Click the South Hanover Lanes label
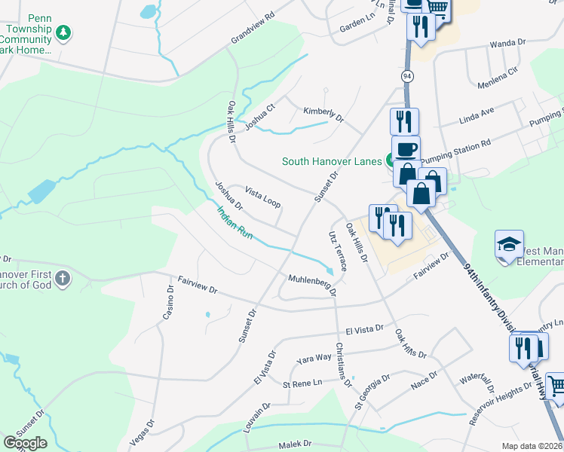(332, 160)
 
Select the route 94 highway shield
(407, 77)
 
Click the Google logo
(24, 443)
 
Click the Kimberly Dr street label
(323, 115)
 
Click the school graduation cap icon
(509, 244)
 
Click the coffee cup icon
(406, 148)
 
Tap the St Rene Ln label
(302, 384)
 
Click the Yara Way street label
(314, 357)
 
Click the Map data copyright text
(531, 446)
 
